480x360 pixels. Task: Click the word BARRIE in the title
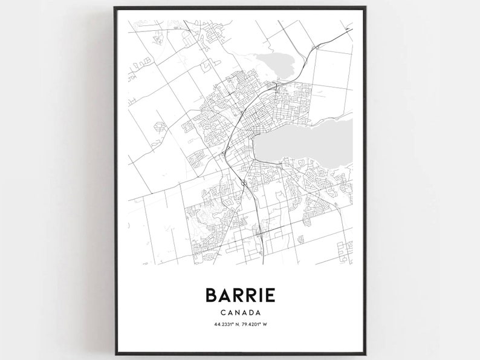point(241,295)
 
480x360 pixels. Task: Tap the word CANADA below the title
point(241,313)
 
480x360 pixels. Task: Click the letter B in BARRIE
point(212,295)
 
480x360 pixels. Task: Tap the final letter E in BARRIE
point(270,295)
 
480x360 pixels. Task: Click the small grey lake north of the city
point(271,63)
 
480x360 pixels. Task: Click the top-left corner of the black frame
point(115,7)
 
